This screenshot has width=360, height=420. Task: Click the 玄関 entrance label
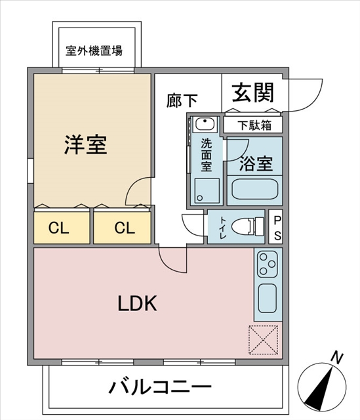click(x=253, y=93)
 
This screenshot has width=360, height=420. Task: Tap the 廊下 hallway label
click(x=182, y=100)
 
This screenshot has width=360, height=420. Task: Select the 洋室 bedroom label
click(x=86, y=144)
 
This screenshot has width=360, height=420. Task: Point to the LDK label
click(x=137, y=303)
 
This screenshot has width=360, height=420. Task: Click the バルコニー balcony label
click(x=160, y=387)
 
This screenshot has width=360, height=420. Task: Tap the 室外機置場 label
click(x=94, y=51)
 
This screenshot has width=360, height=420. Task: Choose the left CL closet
click(x=62, y=228)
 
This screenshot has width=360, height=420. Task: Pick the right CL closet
click(x=123, y=228)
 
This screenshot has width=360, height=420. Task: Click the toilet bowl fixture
click(x=247, y=227)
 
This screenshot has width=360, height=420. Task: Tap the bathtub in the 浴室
click(x=254, y=190)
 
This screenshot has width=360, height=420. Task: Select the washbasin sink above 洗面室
click(x=205, y=124)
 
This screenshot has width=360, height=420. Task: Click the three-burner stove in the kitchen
click(x=268, y=264)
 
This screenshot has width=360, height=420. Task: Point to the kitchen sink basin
click(x=268, y=298)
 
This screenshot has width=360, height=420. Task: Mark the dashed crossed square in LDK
click(x=264, y=340)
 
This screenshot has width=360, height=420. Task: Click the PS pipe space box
click(x=275, y=227)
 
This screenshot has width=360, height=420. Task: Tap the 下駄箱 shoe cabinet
click(x=253, y=125)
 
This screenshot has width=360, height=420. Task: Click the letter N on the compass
click(x=337, y=358)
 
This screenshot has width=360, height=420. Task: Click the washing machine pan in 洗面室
click(x=207, y=191)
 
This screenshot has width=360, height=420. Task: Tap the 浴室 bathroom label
click(x=256, y=163)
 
